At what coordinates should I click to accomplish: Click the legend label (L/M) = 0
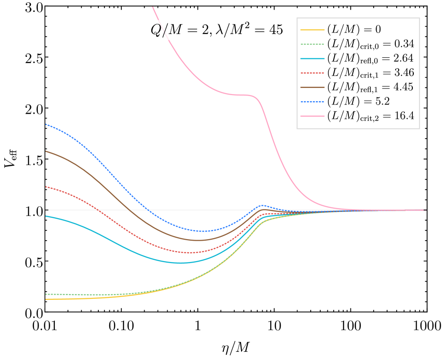click(x=354, y=30)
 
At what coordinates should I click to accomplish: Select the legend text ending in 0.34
click(x=370, y=44)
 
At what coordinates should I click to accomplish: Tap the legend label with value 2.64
click(x=370, y=58)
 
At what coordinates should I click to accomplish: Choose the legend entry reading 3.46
click(x=370, y=73)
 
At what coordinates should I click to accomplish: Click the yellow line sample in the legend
click(x=313, y=30)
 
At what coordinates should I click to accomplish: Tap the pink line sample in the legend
click(x=313, y=116)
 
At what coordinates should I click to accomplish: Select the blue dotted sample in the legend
click(x=313, y=101)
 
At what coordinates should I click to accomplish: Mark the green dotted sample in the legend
click(x=313, y=44)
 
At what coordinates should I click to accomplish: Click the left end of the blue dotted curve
click(x=46, y=124)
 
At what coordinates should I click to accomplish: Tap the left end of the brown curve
click(x=46, y=151)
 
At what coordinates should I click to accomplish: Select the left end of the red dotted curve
click(x=46, y=187)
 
